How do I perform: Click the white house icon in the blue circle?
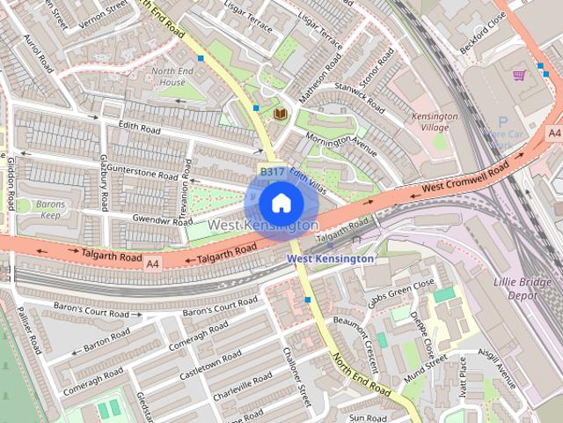click(x=280, y=203)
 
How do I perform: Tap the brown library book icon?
click(x=281, y=115)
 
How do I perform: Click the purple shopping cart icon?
click(x=519, y=75)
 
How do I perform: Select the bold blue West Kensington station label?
click(x=330, y=259)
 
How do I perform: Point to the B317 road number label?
click(x=271, y=171)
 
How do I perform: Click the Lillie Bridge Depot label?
click(x=528, y=287)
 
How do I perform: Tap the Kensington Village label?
click(x=435, y=122)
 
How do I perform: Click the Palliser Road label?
click(x=28, y=330)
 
